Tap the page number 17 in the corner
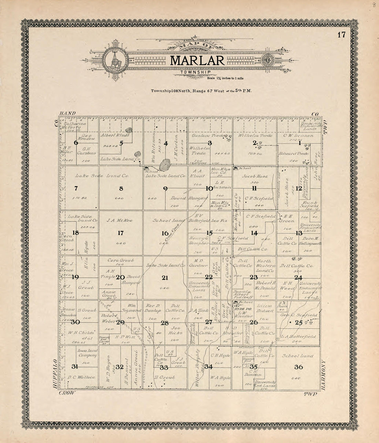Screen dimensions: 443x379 point(341,35)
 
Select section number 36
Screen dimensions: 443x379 point(298,367)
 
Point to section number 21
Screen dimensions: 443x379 point(165,277)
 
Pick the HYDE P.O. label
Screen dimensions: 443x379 point(241,309)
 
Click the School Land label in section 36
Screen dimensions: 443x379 point(297,356)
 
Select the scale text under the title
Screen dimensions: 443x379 point(225,79)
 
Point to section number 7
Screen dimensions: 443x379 point(75,188)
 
